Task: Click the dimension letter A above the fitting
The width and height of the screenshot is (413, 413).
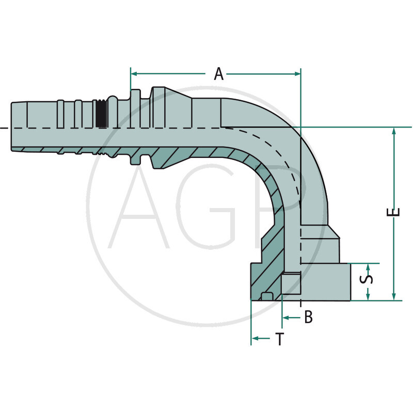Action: [219, 74]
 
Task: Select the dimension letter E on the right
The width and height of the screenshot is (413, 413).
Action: [394, 212]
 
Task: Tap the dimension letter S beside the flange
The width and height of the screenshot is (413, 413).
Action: [368, 279]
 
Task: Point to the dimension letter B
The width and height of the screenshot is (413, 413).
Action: [308, 317]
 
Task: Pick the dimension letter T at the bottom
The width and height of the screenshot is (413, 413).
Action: [279, 339]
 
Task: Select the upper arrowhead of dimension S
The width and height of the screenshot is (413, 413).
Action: [368, 266]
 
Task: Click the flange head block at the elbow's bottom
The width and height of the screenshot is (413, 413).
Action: [325, 281]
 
